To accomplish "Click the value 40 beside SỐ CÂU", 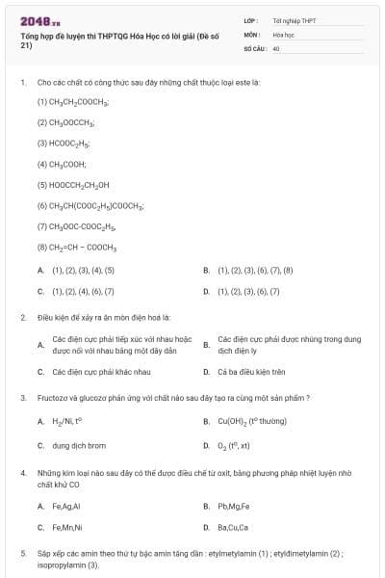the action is [276, 47].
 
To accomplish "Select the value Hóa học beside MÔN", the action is [283, 34].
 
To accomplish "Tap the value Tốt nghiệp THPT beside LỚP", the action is [293, 19].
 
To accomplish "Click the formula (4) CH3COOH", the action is [63, 164].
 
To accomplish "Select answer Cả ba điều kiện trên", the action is [252, 371].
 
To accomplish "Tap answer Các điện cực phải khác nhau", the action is [101, 371].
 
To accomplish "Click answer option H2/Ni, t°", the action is [67, 421].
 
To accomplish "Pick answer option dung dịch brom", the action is [78, 446].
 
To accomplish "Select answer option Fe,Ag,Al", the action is [65, 505].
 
